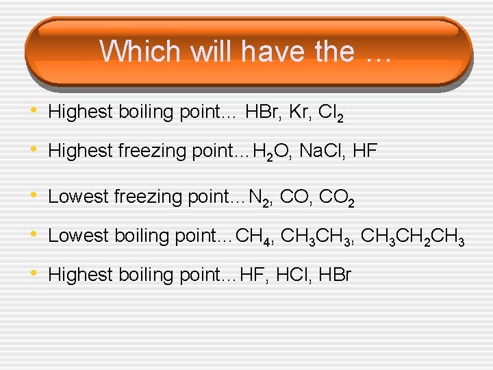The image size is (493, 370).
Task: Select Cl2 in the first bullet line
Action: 327,112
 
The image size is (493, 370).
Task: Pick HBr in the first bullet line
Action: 259,111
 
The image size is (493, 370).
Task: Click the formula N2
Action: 258,198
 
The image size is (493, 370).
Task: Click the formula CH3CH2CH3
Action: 414,236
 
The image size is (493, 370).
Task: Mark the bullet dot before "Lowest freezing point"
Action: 36,196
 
